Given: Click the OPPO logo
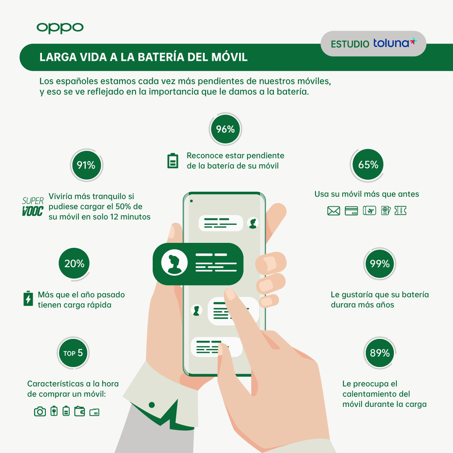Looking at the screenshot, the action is (x=60, y=28).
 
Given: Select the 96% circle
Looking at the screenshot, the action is (x=225, y=129).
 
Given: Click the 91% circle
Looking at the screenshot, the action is (x=86, y=165).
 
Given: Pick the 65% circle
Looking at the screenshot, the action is (x=368, y=165).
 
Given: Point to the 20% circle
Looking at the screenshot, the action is (x=74, y=263).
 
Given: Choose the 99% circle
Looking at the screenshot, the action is (x=380, y=263).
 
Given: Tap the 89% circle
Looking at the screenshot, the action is (x=380, y=353).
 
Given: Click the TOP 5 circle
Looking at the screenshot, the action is (x=73, y=353).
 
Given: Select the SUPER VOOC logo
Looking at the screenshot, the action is (x=33, y=206).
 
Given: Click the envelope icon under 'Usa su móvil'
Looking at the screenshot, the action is (x=333, y=211).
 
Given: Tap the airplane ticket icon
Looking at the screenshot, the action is (x=369, y=211).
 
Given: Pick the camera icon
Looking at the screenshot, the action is (x=40, y=411).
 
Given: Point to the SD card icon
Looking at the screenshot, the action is (x=94, y=412).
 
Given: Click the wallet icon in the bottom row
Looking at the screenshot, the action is (x=79, y=411).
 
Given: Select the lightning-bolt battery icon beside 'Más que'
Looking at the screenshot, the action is (x=28, y=299).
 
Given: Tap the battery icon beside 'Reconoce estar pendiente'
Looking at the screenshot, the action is (x=173, y=161).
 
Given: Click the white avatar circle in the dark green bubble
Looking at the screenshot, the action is (x=174, y=263).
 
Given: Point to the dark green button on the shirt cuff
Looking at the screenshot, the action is (x=152, y=405).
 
